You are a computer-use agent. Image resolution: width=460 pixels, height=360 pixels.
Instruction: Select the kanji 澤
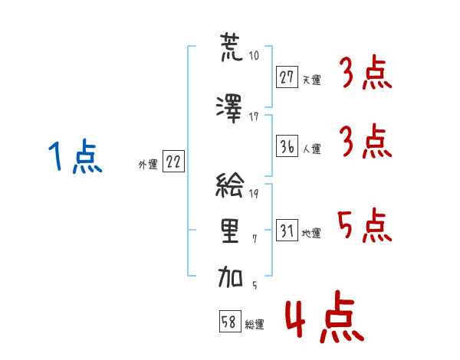[231, 106]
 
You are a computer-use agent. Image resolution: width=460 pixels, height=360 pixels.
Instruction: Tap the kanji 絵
[231, 187]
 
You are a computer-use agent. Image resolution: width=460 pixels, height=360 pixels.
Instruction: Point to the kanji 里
[231, 232]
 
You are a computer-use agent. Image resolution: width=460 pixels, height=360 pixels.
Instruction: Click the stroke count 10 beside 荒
[254, 56]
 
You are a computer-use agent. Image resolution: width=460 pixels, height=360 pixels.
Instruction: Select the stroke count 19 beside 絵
[254, 193]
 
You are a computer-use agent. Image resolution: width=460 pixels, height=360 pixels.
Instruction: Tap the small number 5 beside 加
[254, 284]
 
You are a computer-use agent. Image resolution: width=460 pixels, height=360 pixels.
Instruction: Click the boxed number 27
[287, 77]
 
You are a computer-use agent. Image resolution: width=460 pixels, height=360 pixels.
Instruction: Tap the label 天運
[310, 78]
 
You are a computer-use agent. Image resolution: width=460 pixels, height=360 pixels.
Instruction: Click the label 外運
[148, 164]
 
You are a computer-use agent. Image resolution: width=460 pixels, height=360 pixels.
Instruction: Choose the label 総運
[254, 324]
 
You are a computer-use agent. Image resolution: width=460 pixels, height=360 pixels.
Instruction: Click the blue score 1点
[74, 158]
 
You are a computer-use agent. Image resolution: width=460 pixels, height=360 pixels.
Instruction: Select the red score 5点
[363, 224]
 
